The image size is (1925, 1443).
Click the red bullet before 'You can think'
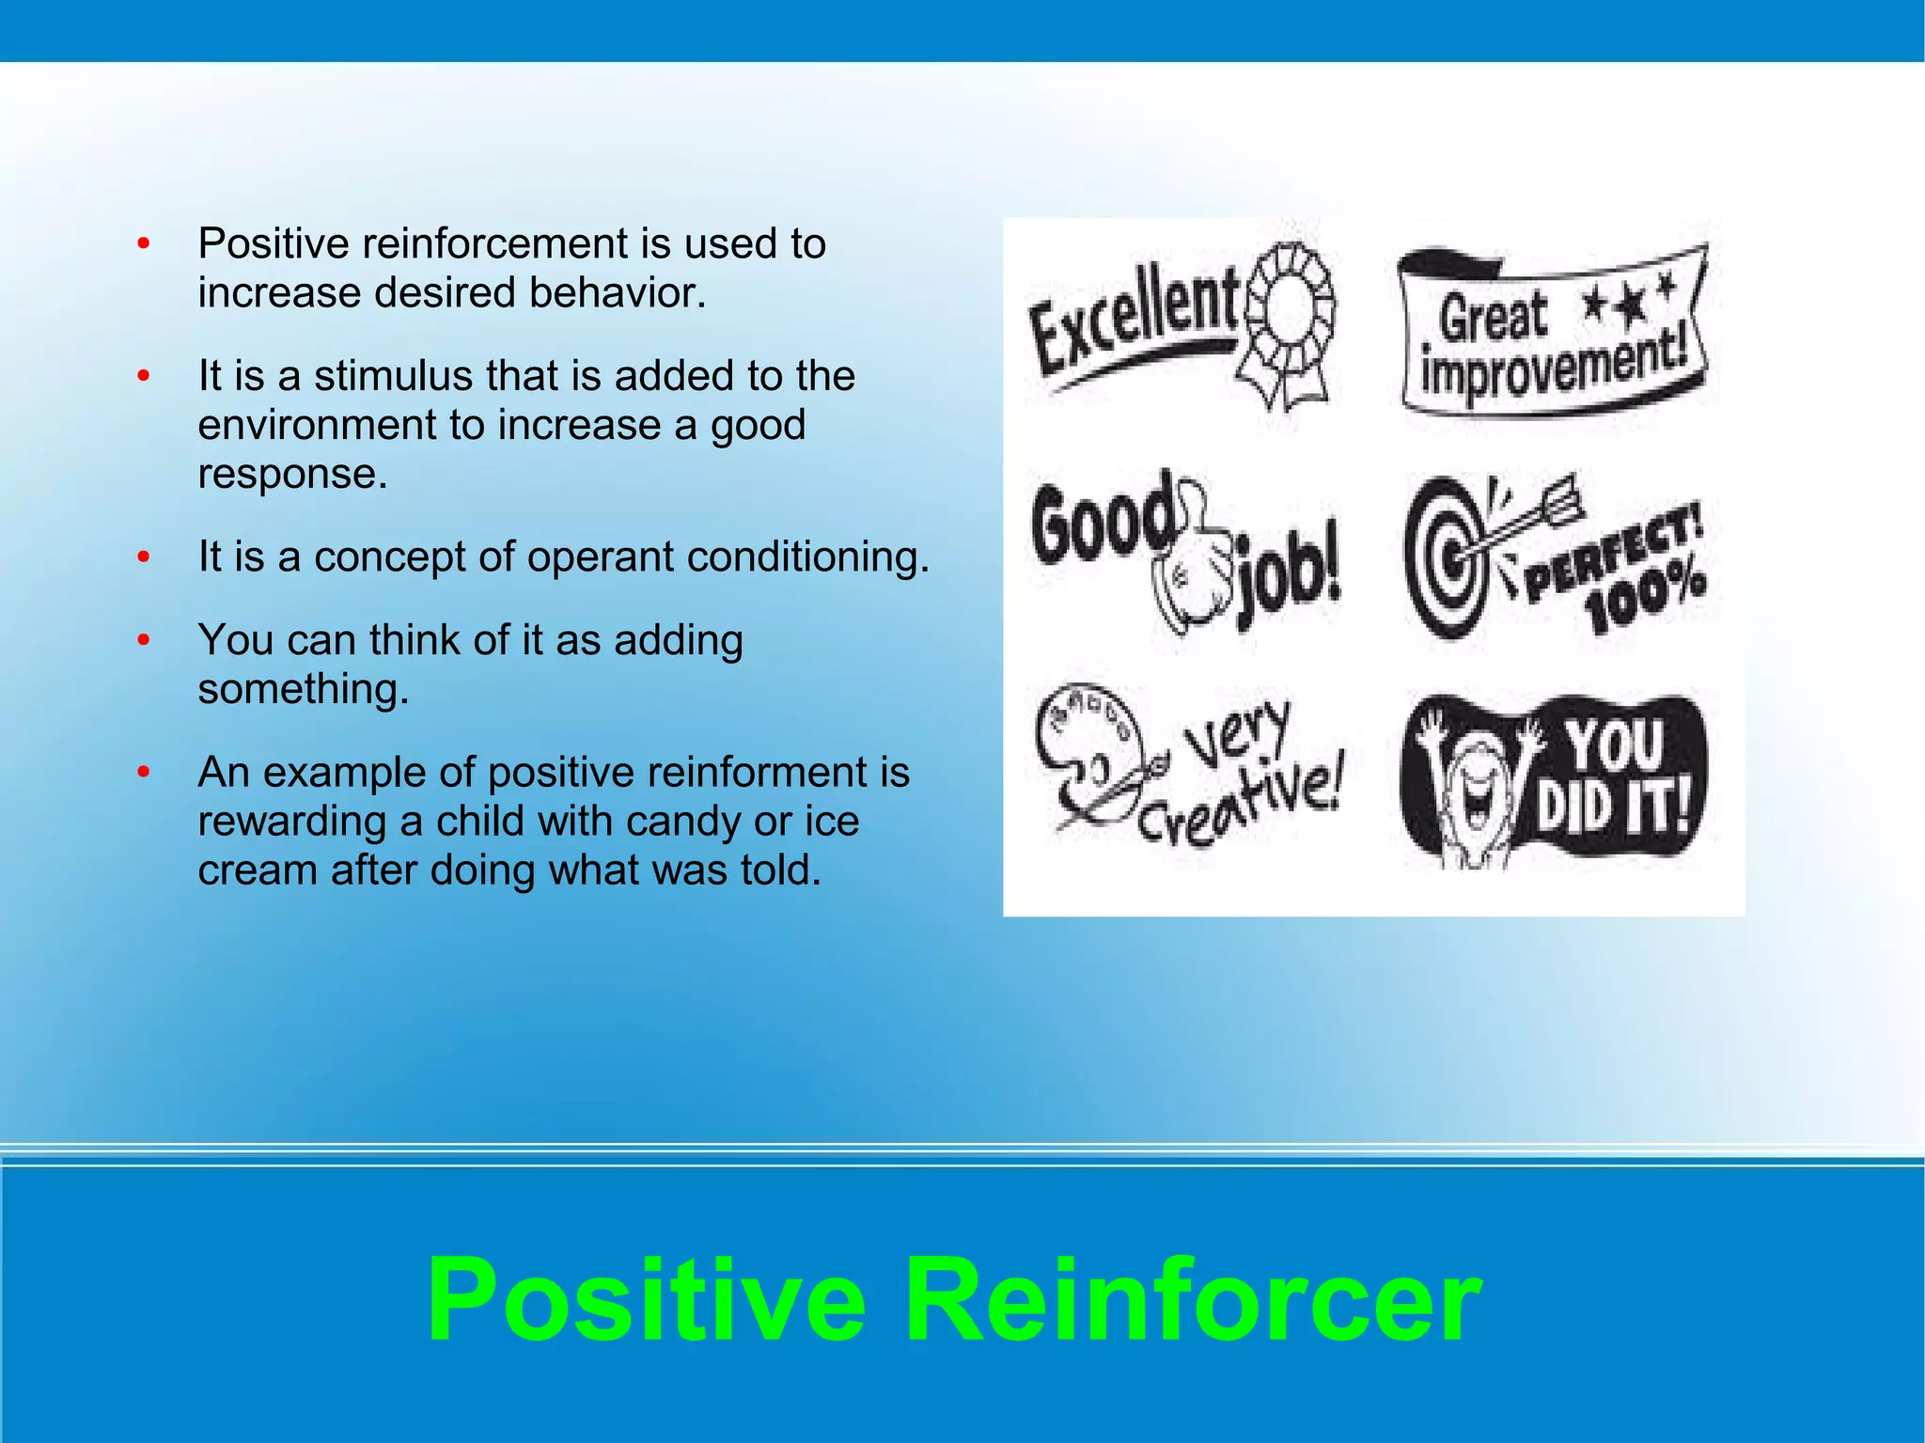point(143,640)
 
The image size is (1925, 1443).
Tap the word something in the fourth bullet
point(304,689)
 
